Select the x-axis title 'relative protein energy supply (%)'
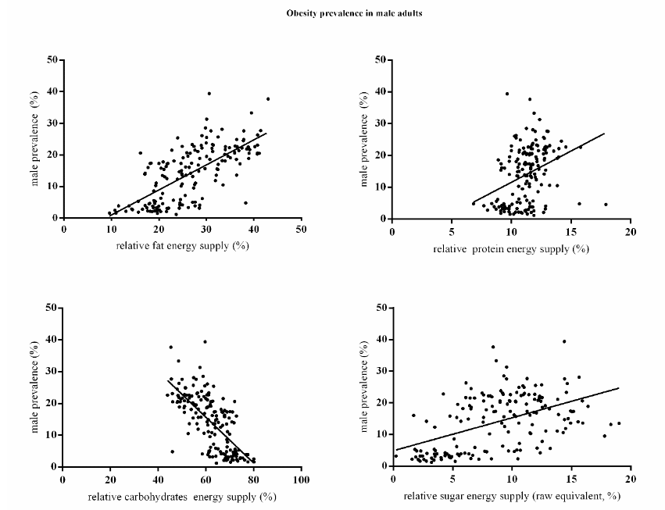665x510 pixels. [x=511, y=248]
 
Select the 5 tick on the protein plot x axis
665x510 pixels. [x=452, y=231]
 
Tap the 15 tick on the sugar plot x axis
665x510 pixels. [x=571, y=479]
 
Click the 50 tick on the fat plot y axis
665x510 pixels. [x=51, y=59]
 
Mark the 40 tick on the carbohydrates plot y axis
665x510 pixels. [x=51, y=340]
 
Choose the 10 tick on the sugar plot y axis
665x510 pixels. [x=381, y=435]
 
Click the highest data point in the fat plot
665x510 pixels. [x=209, y=93]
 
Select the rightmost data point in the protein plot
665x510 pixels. [x=606, y=205]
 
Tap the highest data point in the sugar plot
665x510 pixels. [x=564, y=341]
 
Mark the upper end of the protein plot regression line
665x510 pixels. [x=605, y=134]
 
